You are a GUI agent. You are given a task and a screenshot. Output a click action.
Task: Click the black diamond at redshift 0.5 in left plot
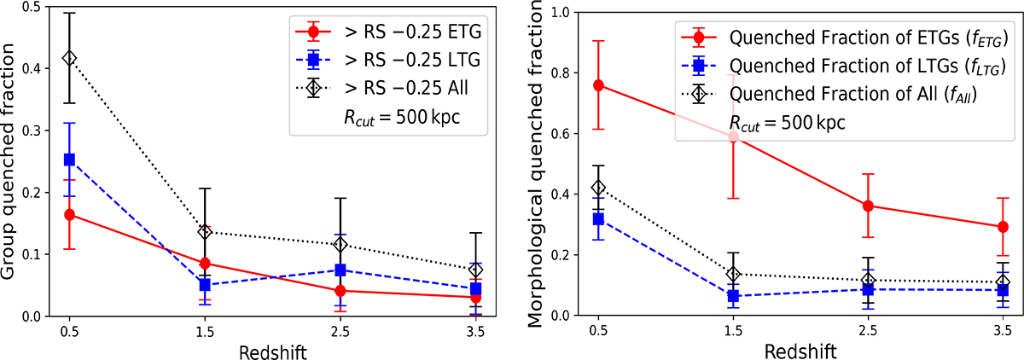click(69, 58)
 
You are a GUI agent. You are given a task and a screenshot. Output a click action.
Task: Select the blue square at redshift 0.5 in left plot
click(69, 160)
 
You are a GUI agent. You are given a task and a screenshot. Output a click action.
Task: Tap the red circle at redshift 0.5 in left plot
click(69, 214)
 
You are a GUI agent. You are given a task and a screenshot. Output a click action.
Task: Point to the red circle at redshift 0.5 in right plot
click(599, 85)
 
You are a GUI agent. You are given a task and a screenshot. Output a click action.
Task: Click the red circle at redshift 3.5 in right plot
click(1003, 227)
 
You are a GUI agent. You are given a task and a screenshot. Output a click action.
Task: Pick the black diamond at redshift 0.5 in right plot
click(599, 188)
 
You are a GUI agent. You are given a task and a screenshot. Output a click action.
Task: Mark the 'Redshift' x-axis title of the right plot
click(800, 350)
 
